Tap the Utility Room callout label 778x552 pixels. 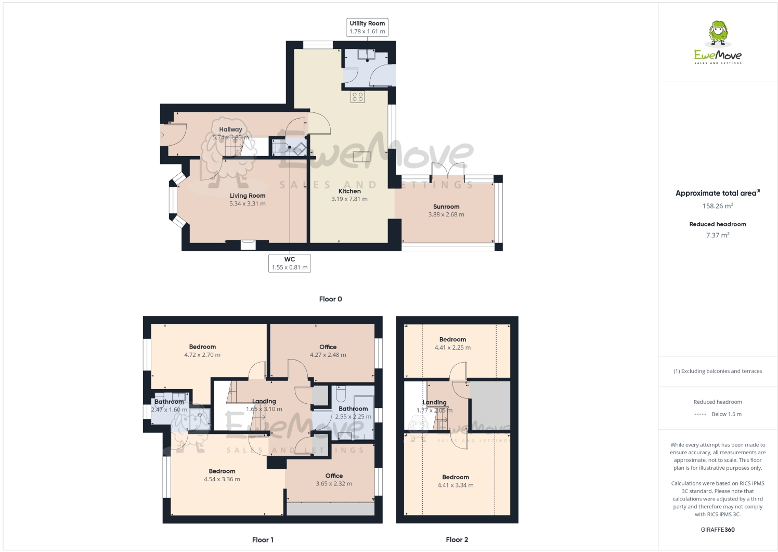367,28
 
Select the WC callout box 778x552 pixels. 290,263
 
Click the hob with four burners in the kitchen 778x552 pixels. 357,96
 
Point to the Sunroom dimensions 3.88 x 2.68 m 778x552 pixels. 446,214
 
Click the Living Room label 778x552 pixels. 248,196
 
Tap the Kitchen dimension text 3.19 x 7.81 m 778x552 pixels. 349,199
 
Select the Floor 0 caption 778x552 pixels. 330,299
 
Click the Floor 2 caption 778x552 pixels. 457,540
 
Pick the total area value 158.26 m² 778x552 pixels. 718,206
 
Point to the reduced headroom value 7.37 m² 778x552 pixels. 718,235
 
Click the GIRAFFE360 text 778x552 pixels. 718,530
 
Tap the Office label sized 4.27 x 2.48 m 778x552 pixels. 328,347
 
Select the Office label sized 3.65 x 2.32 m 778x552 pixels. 334,476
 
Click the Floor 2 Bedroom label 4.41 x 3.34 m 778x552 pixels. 456,477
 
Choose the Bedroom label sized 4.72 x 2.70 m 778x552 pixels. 202,347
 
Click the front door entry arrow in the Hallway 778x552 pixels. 162,135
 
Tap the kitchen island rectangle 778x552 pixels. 362,156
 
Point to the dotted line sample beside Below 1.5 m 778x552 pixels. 701,414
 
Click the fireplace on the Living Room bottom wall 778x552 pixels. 248,245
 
